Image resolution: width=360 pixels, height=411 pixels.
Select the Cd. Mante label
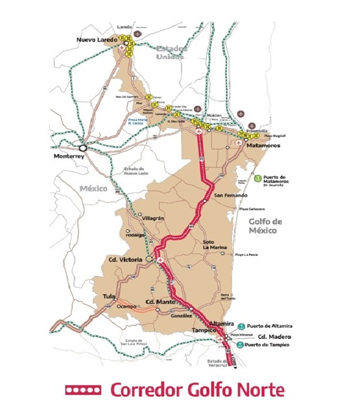coord(160,303)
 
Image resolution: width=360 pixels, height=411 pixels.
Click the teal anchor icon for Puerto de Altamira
coord(241,326)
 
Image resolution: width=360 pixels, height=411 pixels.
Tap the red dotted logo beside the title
coord(83,390)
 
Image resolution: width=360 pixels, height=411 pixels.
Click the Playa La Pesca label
coord(246,255)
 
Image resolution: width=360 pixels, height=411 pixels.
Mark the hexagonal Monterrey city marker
coord(81,147)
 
